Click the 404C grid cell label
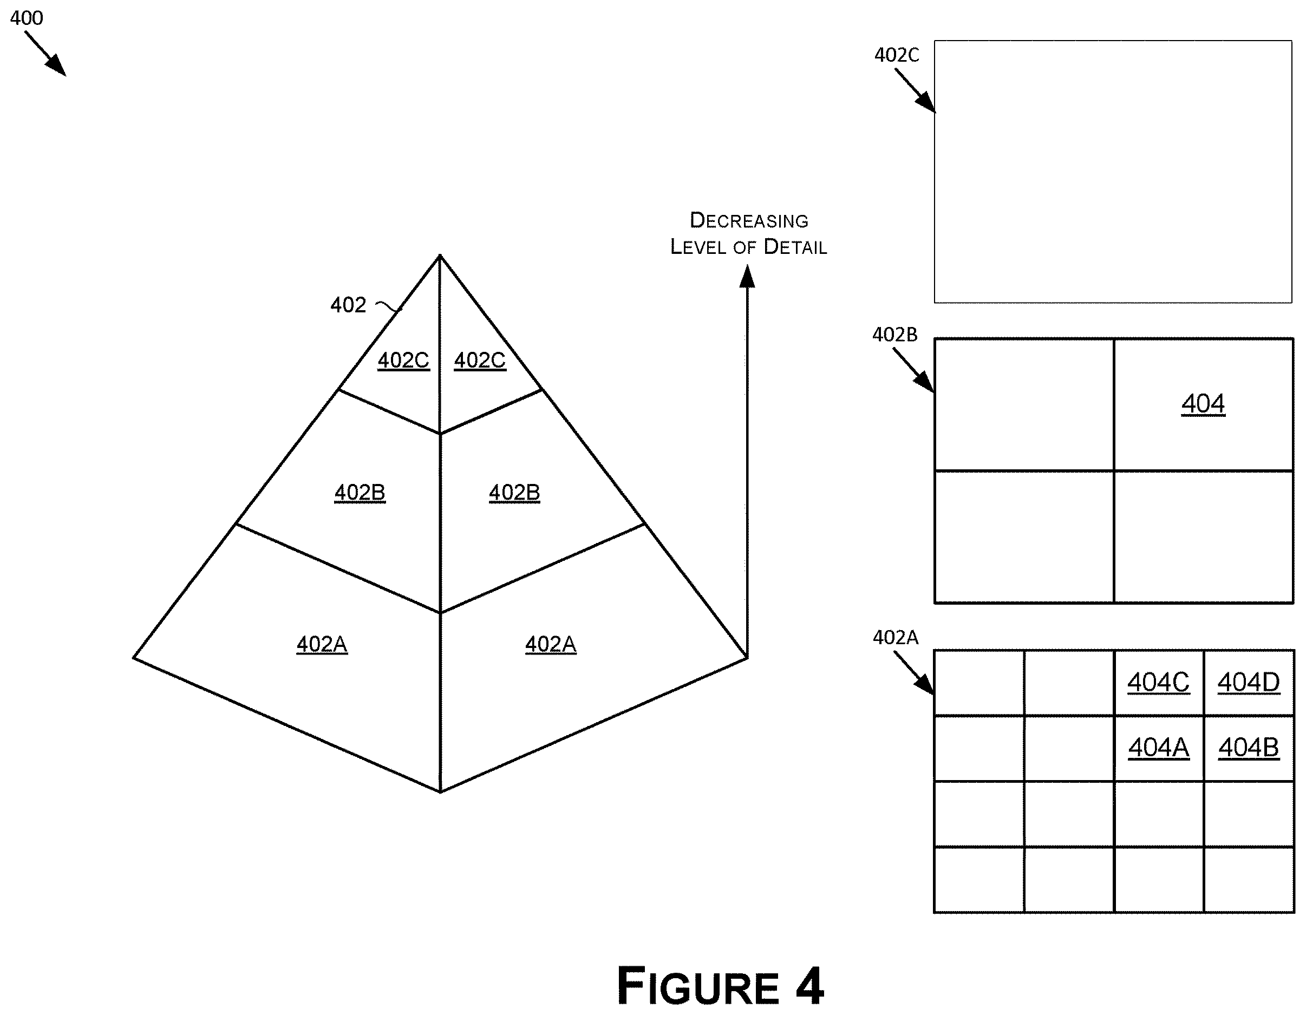tap(1158, 683)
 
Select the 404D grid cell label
tap(1249, 683)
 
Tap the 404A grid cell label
tap(1158, 748)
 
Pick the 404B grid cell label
tap(1249, 748)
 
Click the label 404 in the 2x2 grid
tap(1203, 404)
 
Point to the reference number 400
tap(27, 18)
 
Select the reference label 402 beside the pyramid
tap(348, 305)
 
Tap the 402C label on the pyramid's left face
tap(403, 361)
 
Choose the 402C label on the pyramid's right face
tap(480, 361)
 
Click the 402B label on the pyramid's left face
tap(360, 493)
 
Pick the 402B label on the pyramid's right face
tap(514, 493)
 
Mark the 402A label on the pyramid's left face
tap(322, 644)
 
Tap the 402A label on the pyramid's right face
tap(550, 644)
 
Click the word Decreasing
tap(749, 220)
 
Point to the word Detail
tap(795, 247)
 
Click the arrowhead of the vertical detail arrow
tap(747, 276)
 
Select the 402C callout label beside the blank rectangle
tap(896, 55)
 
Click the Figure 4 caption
tap(721, 986)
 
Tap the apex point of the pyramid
tap(440, 256)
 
